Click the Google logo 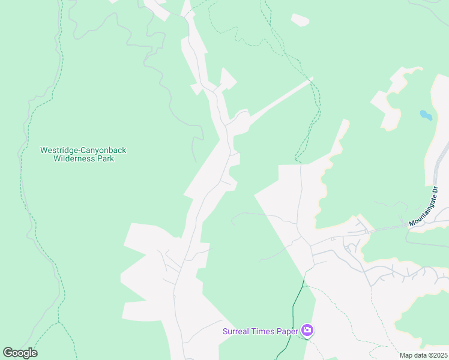[20, 353]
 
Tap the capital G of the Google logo [8, 353]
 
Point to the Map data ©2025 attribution [423, 355]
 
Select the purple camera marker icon [307, 331]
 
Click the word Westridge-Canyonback [83, 150]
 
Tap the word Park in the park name [105, 159]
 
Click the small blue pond [426, 115]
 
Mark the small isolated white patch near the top [300, 20]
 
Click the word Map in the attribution [406, 355]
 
